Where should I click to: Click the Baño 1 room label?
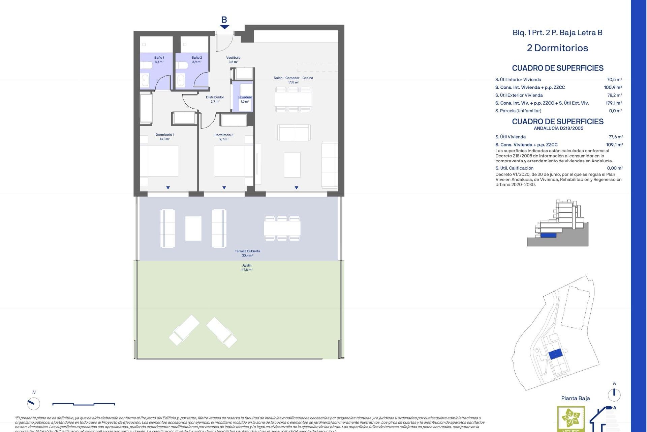[159, 60]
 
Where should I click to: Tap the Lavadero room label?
[245, 99]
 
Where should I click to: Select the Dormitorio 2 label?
[224, 137]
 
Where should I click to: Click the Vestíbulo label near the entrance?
[233, 60]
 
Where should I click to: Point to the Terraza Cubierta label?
[247, 253]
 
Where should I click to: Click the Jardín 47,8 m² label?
[247, 268]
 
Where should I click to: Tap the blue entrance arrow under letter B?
[224, 27]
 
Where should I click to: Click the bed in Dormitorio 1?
[159, 161]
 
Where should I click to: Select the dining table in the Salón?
[293, 99]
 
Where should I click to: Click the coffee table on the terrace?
[193, 228]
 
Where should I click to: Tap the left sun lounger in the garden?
[184, 330]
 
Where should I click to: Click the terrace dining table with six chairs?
[282, 228]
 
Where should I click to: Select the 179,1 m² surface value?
[613, 103]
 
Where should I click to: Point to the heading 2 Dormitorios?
[557, 48]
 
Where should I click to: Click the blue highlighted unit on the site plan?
[555, 354]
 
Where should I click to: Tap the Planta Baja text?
[575, 398]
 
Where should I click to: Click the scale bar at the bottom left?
[84, 404]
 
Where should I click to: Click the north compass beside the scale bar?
[34, 403]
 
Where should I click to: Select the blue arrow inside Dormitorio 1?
[168, 188]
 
